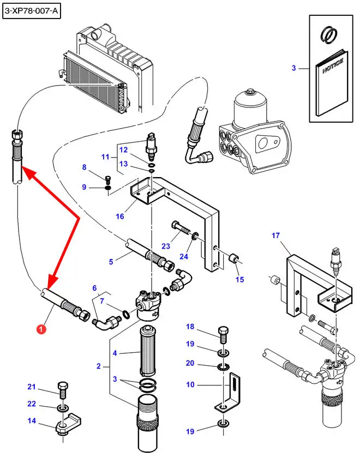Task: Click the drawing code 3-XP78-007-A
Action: click(x=31, y=10)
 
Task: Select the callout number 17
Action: click(x=275, y=235)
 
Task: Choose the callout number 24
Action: click(x=183, y=257)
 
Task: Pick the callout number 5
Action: click(x=111, y=261)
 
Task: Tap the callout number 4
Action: click(x=115, y=353)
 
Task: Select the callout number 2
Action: click(x=99, y=366)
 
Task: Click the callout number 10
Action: click(x=190, y=385)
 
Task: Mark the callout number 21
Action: click(x=32, y=387)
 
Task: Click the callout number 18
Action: click(x=190, y=327)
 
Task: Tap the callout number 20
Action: click(x=190, y=363)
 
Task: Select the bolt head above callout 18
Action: click(x=223, y=331)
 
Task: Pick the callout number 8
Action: click(x=84, y=167)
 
